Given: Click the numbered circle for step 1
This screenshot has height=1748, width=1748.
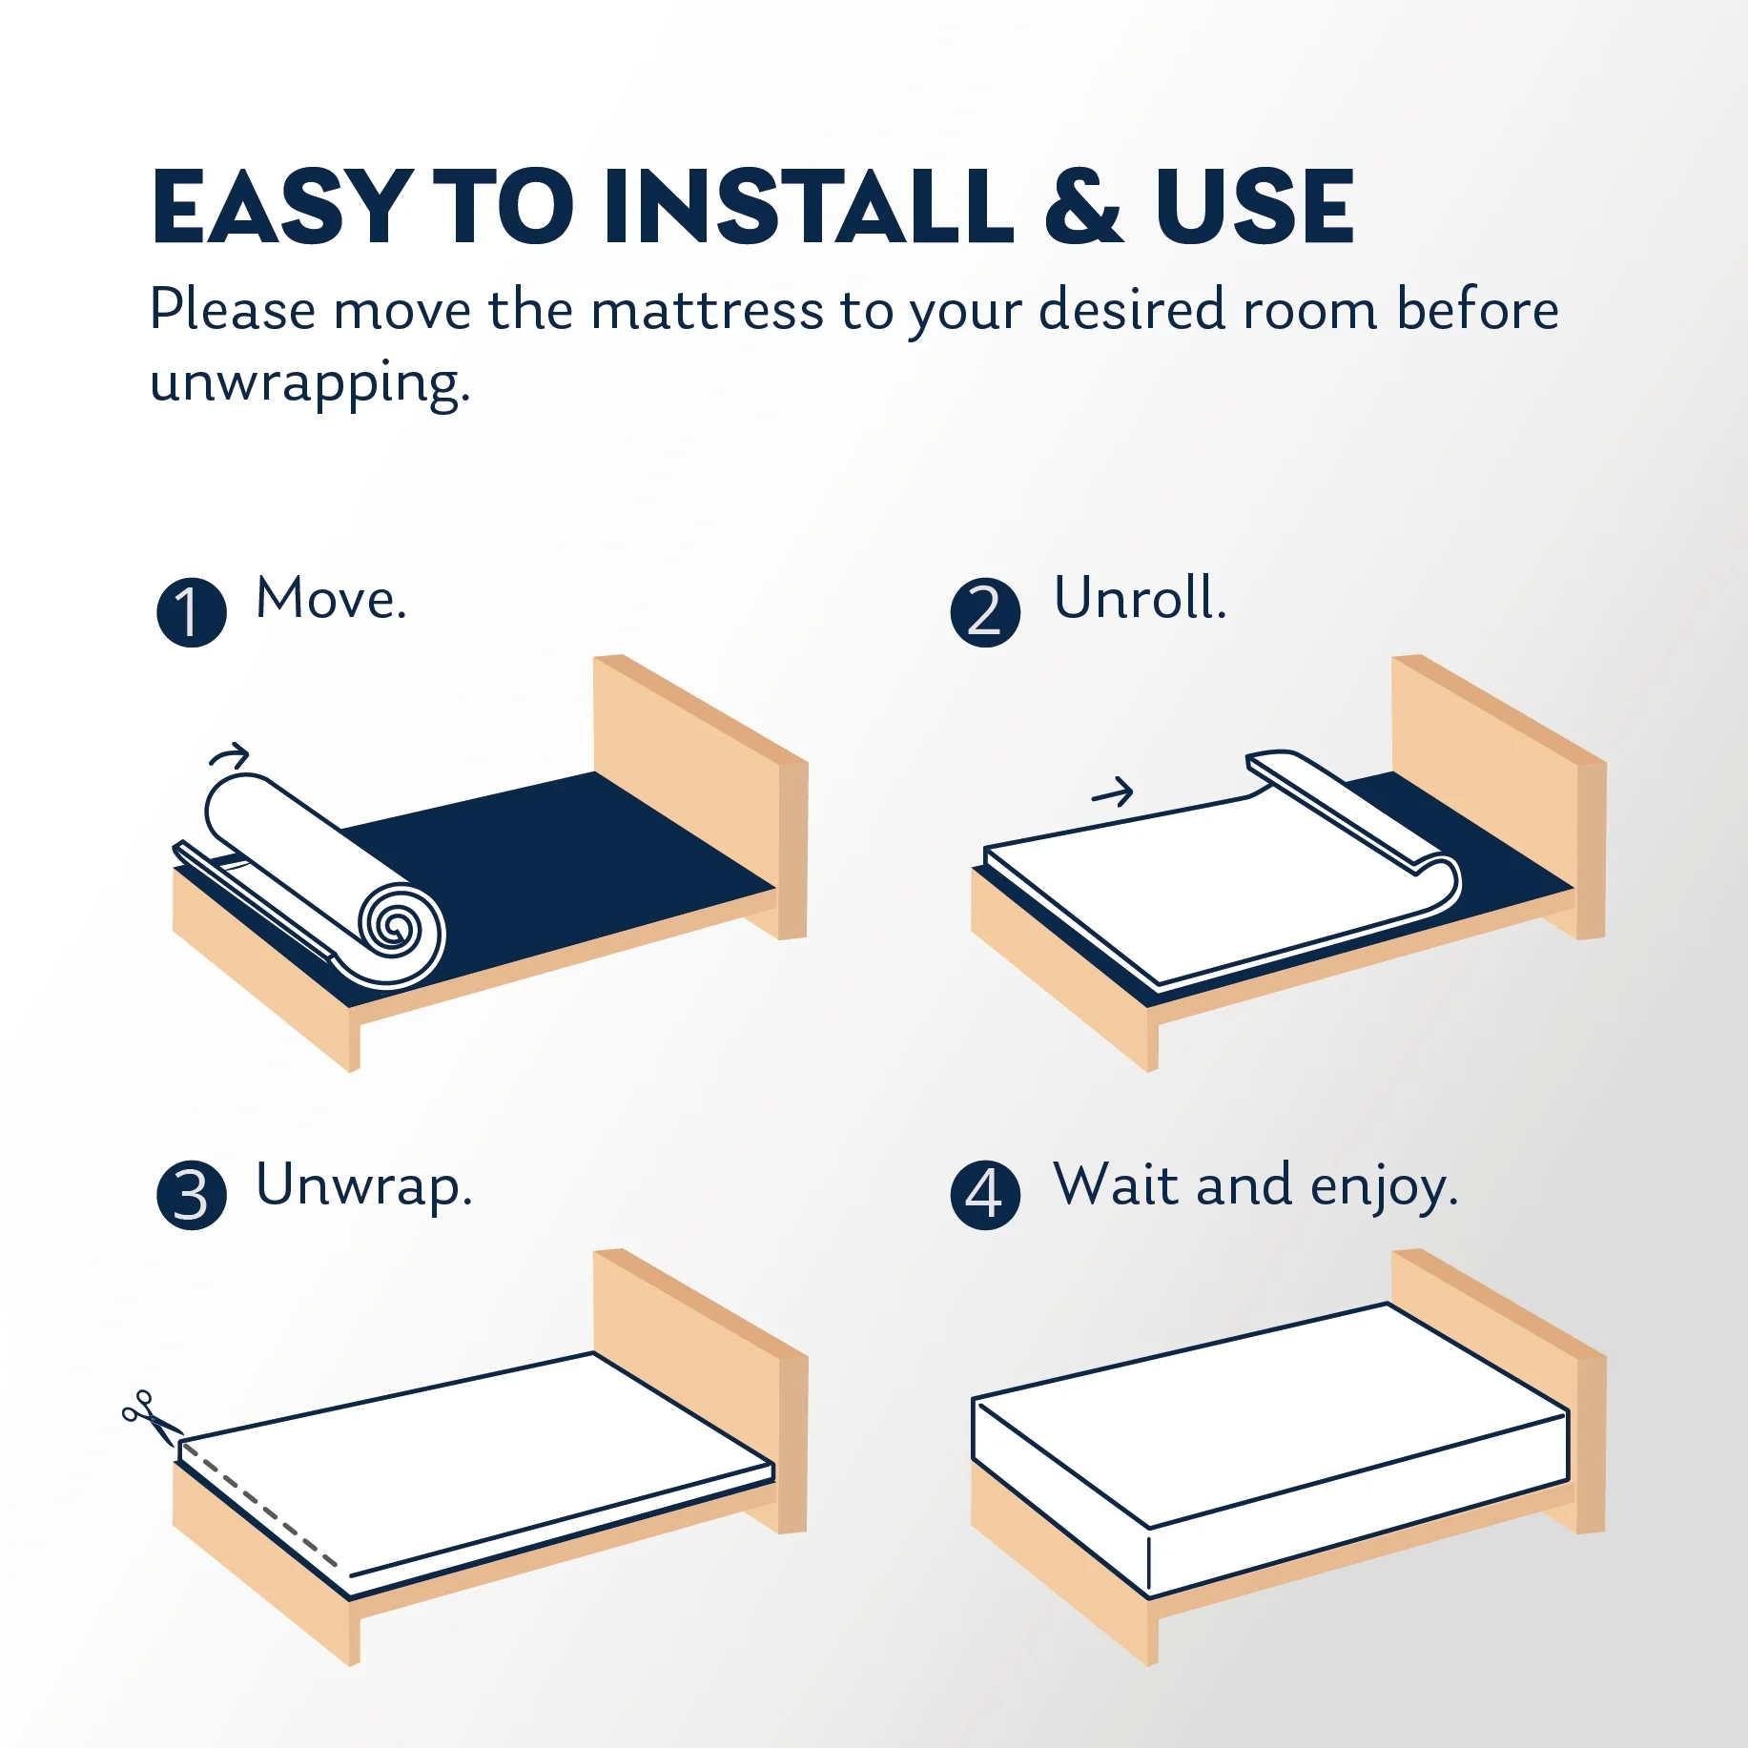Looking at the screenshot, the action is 192,612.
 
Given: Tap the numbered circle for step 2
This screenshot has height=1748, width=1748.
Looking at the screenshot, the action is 985,612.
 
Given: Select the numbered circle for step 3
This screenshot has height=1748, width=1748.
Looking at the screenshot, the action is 192,1195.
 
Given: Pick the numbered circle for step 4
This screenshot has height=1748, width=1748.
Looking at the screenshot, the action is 985,1195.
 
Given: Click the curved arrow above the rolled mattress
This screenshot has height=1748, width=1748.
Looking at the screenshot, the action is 229,755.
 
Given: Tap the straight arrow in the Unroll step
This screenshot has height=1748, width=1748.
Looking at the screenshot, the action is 1112,792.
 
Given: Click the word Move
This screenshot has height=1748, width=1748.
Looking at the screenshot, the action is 331,599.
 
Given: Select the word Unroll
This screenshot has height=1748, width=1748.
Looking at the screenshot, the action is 1140,598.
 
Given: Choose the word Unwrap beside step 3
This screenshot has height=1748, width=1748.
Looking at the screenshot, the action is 363,1187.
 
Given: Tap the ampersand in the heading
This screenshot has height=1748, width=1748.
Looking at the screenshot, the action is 1085,206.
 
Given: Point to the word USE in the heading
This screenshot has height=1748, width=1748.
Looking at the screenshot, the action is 1254,206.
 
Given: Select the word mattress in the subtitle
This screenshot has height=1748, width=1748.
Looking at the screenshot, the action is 707,311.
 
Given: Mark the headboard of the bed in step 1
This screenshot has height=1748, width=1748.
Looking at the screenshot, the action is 700,795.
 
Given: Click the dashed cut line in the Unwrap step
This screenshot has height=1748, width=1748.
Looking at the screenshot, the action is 259,1506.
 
